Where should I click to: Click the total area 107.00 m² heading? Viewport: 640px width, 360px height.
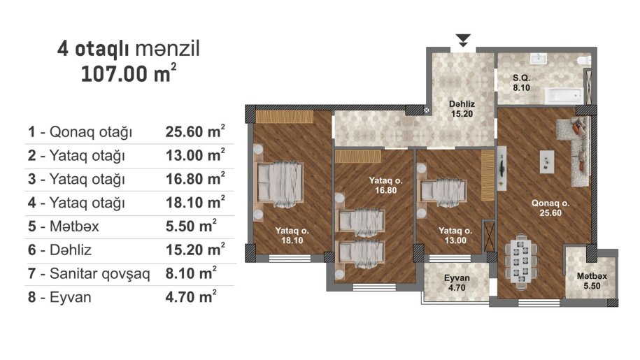tap(129, 73)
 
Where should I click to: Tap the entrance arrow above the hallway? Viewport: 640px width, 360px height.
tap(464, 40)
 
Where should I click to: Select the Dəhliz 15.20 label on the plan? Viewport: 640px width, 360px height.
tap(462, 109)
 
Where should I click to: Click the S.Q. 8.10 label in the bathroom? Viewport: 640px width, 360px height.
tap(521, 82)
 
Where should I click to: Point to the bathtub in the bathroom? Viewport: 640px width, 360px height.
tap(563, 95)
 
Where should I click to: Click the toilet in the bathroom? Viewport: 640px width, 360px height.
tap(583, 61)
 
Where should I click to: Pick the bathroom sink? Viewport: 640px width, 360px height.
tap(538, 59)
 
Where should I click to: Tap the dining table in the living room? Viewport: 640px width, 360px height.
tap(520, 261)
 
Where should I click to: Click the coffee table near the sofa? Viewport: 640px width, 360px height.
tap(547, 161)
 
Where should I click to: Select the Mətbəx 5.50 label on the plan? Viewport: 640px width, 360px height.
tap(592, 281)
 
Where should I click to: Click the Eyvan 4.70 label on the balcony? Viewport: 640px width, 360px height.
tap(457, 283)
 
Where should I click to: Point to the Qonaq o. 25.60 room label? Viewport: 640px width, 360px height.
tap(550, 208)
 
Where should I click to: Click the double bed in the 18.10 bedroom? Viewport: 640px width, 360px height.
tap(279, 182)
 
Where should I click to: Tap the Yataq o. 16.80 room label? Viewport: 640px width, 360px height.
tap(385, 185)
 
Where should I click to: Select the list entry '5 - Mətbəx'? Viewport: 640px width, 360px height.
tap(63, 226)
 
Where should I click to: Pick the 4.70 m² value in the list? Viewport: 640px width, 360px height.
tap(191, 296)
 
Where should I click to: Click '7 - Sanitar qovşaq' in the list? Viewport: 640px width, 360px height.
tap(89, 273)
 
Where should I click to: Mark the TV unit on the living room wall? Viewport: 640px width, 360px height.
tap(502, 168)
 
